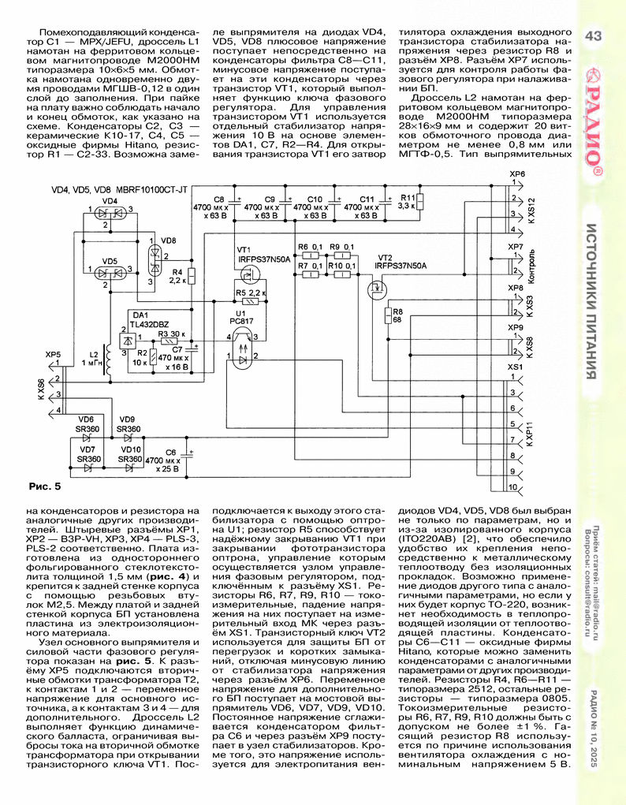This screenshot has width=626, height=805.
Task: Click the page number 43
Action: pyautogui.click(x=592, y=35)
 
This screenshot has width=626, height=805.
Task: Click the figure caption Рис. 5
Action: pyautogui.click(x=44, y=483)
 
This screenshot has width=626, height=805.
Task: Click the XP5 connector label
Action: pyautogui.click(x=53, y=355)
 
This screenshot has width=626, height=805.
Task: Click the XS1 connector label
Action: pyautogui.click(x=516, y=367)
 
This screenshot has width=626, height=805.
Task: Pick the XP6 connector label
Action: pyautogui.click(x=517, y=173)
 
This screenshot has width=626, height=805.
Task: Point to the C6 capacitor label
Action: pyautogui.click(x=170, y=451)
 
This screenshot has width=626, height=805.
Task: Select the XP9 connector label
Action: pyautogui.click(x=516, y=327)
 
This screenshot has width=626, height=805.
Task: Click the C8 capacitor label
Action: pyautogui.click(x=219, y=199)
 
